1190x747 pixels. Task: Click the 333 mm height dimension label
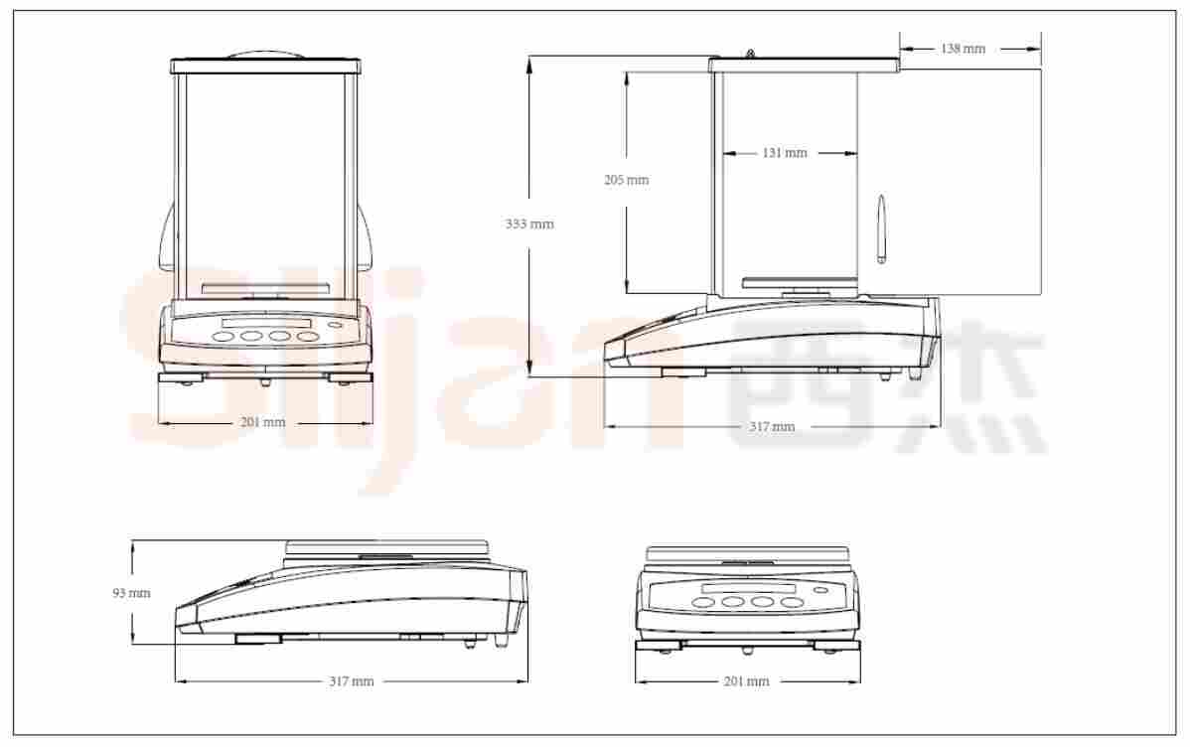[x=529, y=224]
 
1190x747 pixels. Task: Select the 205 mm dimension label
[x=626, y=180]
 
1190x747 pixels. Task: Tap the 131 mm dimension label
[x=785, y=153]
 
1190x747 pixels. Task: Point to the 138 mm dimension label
[x=963, y=49]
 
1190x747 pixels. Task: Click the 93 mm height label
[x=131, y=593]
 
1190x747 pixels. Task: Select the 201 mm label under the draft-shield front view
[x=262, y=422]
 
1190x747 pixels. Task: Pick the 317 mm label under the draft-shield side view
[x=772, y=426]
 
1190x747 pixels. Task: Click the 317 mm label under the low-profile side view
[x=351, y=681]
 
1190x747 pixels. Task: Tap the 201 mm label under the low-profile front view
[x=746, y=681]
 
